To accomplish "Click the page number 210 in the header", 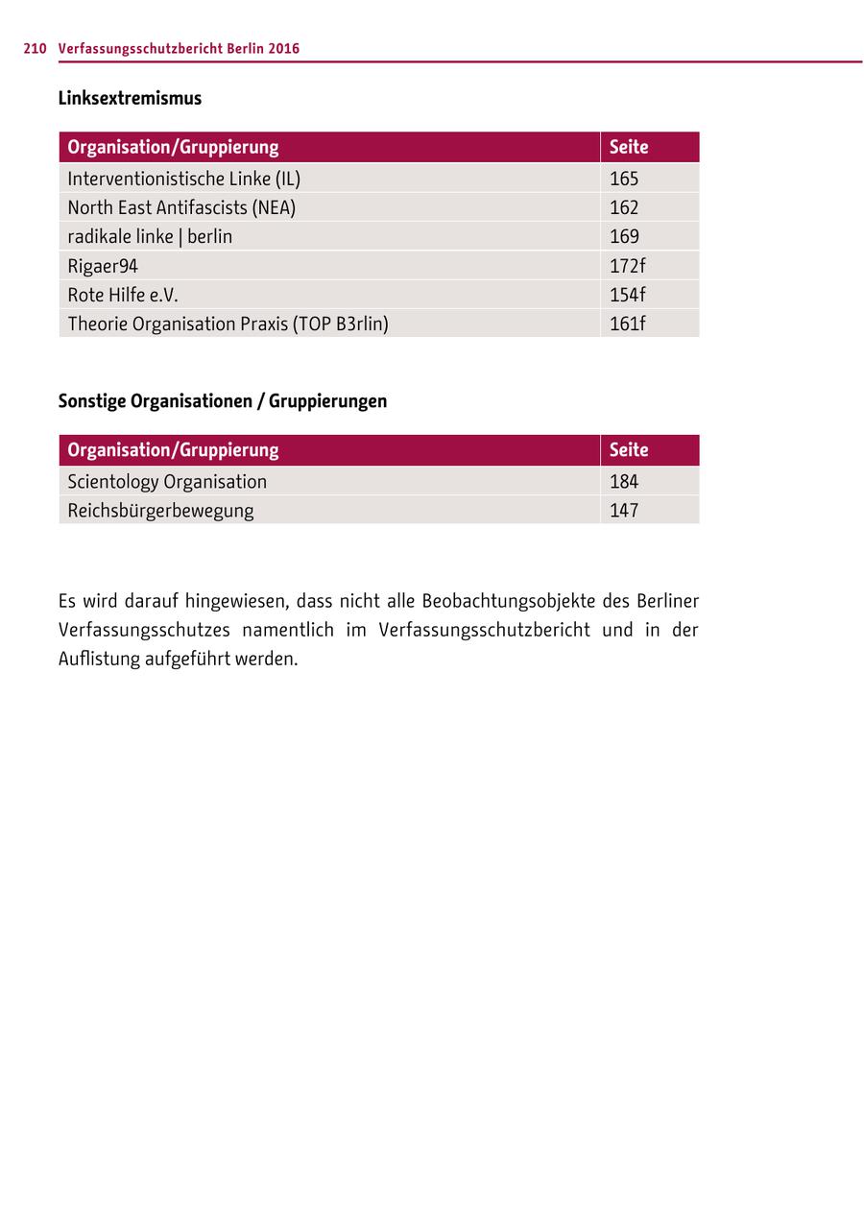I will tap(35, 48).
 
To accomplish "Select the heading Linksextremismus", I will tap(130, 98).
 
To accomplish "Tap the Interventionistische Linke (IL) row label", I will tap(183, 179).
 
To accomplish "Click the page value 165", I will tap(624, 179).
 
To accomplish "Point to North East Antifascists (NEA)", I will tap(181, 207).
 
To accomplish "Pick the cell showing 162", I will tap(624, 207).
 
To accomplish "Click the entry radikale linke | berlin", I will tap(150, 236).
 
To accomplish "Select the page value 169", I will tap(624, 236).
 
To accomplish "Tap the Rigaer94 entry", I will tap(103, 265).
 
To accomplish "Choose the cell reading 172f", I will tap(628, 265).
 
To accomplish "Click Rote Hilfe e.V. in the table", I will tap(123, 294).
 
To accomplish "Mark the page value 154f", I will tap(628, 294).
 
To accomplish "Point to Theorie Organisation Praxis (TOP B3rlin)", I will tap(228, 324).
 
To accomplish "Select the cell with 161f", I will tap(628, 324).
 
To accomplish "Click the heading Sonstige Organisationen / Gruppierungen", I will tap(223, 400).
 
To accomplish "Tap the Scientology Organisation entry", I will tap(167, 481).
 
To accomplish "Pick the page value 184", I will tap(624, 481).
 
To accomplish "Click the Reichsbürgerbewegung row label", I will tap(160, 510).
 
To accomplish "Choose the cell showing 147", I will tap(624, 510).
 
